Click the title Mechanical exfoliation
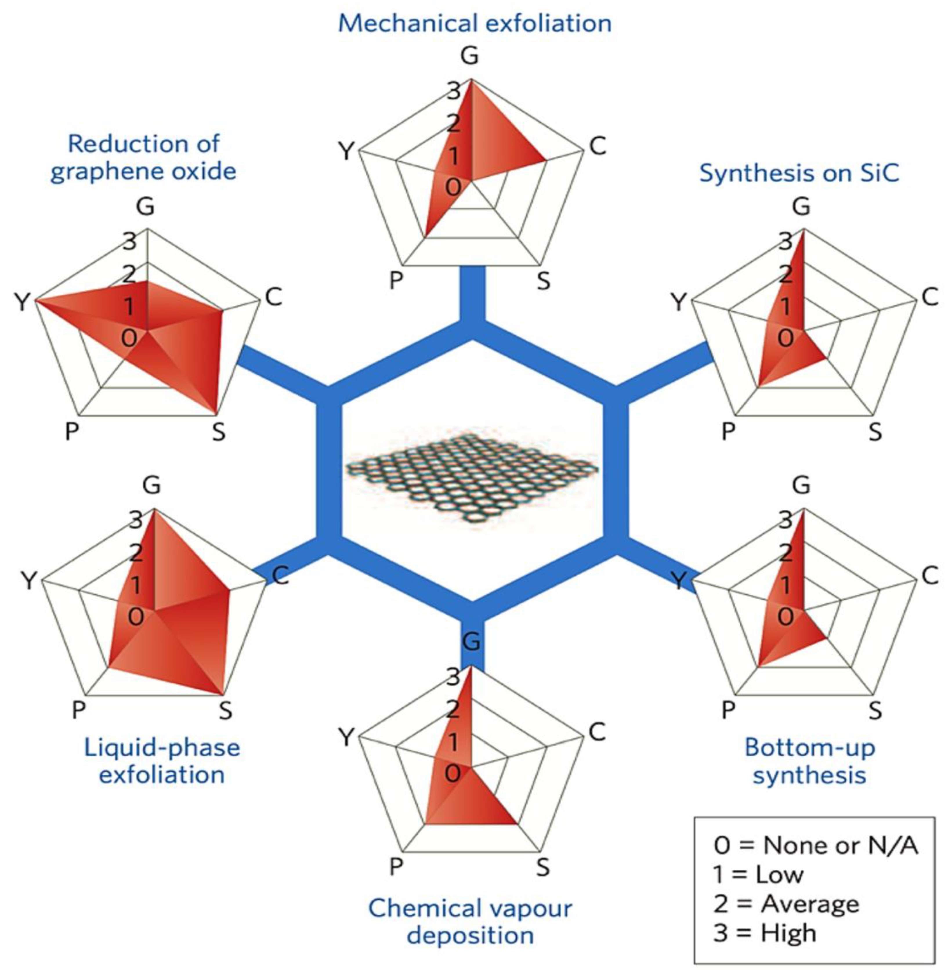tap(475, 23)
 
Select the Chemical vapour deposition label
tap(470, 921)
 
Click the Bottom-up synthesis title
tap(809, 761)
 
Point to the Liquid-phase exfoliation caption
tap(162, 761)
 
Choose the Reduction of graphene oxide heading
tap(144, 158)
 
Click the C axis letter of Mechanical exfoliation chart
tap(597, 146)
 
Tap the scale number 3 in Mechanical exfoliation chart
tap(454, 91)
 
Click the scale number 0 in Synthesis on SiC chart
tap(785, 338)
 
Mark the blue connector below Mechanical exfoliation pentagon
tap(471, 294)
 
